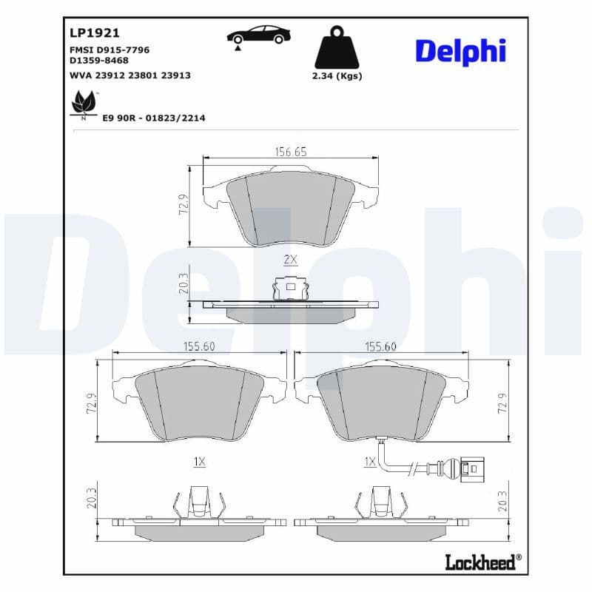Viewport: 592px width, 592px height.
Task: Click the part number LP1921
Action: coord(95,33)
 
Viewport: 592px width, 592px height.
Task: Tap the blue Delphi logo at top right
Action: coord(460,50)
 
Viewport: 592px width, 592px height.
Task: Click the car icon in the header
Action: coord(258,34)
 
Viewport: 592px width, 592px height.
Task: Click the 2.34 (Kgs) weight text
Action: coord(337,76)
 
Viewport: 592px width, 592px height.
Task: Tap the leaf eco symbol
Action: coord(83,103)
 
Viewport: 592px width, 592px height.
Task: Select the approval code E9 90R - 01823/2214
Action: coord(154,118)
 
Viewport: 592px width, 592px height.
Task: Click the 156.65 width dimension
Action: coord(290,152)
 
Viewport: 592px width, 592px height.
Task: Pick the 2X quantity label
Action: coord(290,259)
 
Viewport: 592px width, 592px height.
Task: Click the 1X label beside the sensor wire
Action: coord(371,461)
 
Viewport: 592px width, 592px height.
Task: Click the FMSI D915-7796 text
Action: coord(109,50)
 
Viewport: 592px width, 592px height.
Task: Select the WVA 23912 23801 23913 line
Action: coord(129,75)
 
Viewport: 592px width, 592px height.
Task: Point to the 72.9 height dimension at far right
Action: coord(502,404)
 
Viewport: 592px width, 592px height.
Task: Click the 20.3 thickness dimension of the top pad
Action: coord(184,283)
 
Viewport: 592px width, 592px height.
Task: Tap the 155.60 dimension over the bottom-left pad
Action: coord(199,346)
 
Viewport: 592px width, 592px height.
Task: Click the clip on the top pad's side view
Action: coord(290,288)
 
